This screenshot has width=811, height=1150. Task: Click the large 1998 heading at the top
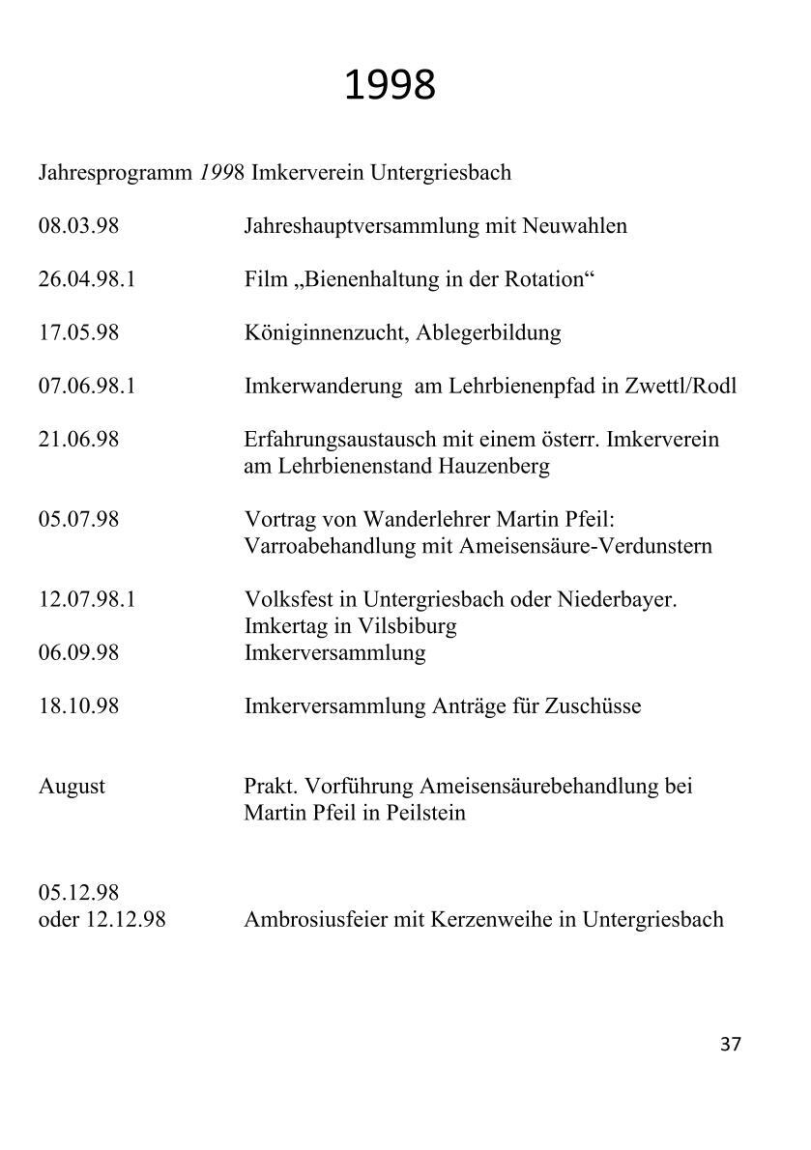[x=390, y=86]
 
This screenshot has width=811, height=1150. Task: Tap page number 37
[x=731, y=1045]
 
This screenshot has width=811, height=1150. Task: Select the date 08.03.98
[x=78, y=226]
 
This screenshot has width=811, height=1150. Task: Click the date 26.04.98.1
[x=87, y=280]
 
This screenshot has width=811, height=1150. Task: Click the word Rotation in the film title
[x=548, y=280]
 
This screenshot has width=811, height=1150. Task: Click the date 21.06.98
[x=78, y=440]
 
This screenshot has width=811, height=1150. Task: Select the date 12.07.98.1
[x=87, y=599]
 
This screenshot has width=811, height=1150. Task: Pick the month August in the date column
[x=72, y=786]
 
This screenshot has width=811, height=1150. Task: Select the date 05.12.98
[x=78, y=892]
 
